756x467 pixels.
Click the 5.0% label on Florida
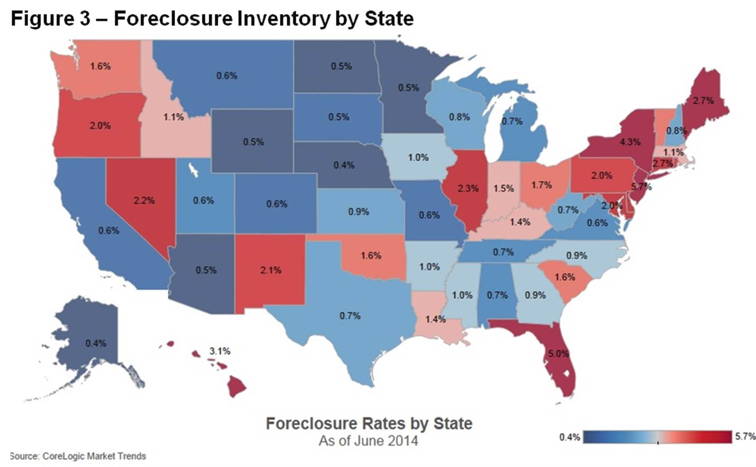[558, 354]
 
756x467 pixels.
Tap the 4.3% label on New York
[630, 142]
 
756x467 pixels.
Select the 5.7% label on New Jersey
[641, 186]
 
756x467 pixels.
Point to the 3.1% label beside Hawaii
[219, 351]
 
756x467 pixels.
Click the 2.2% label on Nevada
[144, 201]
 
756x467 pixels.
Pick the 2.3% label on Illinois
[468, 188]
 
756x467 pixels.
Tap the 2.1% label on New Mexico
[270, 270]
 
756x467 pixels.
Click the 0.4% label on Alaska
[95, 343]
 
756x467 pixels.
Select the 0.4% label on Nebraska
[344, 165]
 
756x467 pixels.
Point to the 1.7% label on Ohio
[541, 185]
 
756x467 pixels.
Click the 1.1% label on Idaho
[173, 117]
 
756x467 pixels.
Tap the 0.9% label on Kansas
[358, 212]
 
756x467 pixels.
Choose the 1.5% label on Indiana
[503, 188]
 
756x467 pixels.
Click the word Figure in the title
[43, 18]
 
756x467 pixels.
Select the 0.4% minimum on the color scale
[569, 437]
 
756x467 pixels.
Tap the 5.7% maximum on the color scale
[745, 436]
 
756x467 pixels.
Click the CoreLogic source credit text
[78, 456]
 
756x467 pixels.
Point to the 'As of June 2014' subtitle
[368, 441]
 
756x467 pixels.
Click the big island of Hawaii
[236, 387]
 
